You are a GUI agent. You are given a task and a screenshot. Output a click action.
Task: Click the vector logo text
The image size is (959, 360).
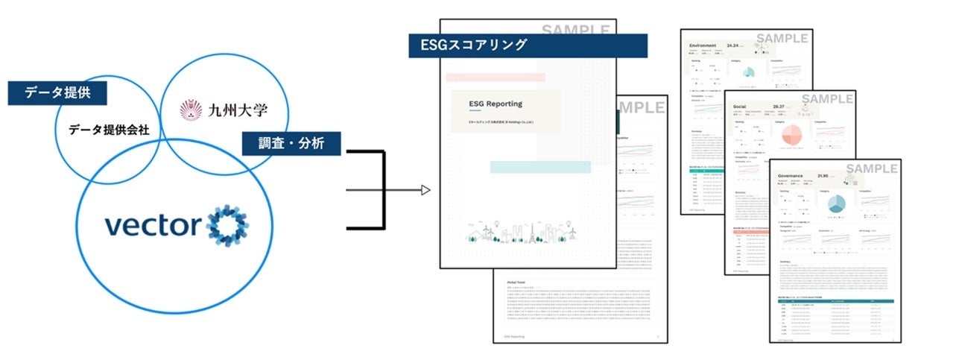click(151, 225)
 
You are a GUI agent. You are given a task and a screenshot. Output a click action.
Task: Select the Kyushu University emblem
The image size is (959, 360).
click(191, 110)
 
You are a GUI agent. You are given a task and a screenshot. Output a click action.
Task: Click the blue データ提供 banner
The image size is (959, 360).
click(57, 93)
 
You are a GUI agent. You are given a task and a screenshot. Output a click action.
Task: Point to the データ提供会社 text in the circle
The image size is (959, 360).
click(109, 130)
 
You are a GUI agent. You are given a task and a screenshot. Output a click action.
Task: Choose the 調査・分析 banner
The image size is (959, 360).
click(291, 143)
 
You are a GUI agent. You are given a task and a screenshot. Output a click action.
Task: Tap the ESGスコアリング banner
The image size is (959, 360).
click(528, 45)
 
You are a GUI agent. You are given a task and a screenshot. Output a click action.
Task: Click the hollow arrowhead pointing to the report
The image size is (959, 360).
click(425, 190)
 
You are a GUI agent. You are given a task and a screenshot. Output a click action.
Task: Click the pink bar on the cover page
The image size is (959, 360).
click(495, 77)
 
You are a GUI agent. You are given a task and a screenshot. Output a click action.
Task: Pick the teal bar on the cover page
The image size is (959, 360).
click(540, 167)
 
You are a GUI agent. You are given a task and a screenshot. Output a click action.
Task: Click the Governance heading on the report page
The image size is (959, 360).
click(794, 177)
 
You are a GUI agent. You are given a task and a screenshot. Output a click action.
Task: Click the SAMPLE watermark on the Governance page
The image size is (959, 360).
click(871, 169)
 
